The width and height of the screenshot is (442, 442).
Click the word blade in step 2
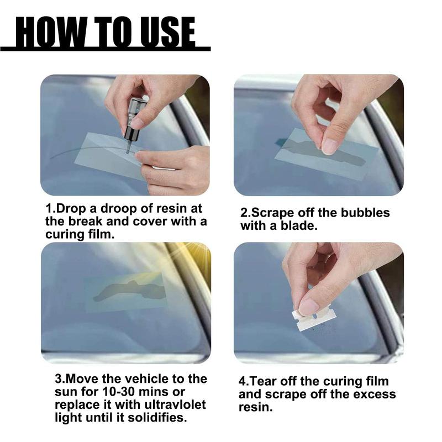tap(300, 226)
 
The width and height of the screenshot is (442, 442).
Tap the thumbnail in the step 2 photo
tap(330, 146)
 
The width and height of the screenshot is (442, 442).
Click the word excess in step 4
tap(375, 394)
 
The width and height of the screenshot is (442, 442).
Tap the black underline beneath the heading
tap(105, 49)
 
